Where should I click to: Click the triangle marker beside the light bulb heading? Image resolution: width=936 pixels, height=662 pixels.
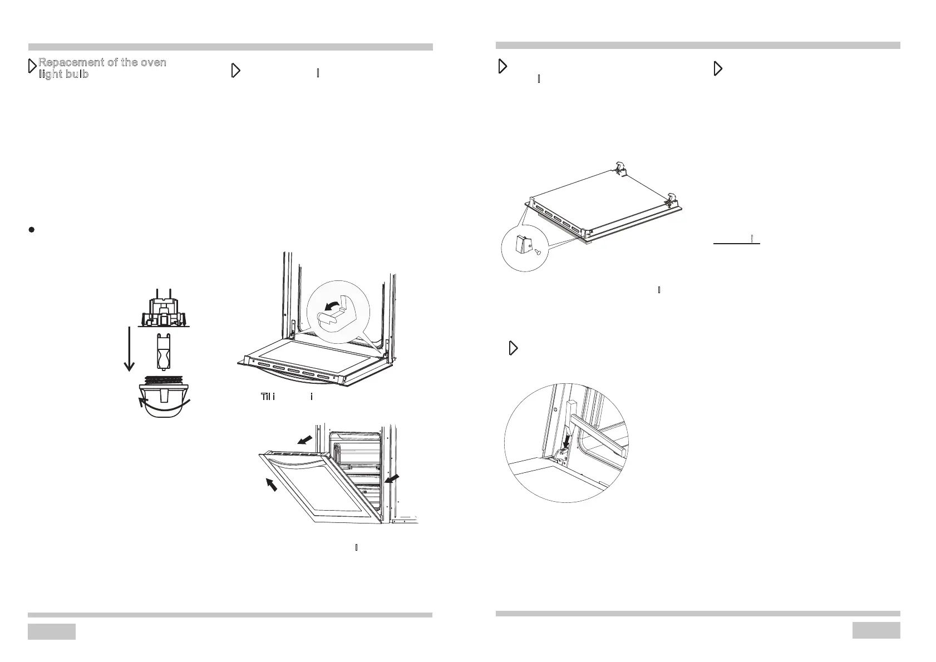(x=32, y=67)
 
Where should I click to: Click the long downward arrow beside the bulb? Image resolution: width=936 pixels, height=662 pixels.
(x=129, y=348)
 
